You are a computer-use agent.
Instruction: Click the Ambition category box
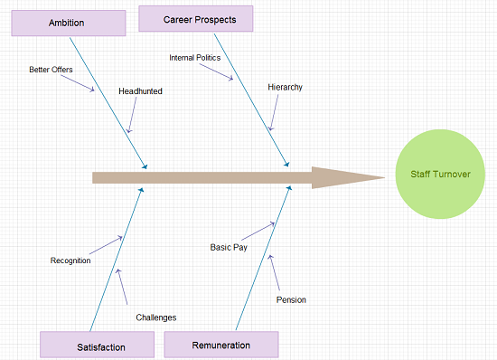[x=69, y=23]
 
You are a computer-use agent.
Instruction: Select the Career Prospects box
[x=196, y=18]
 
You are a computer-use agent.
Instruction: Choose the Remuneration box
[x=220, y=345]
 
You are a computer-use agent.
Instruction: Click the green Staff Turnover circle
[x=441, y=175]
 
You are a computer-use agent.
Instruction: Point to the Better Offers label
[x=51, y=69]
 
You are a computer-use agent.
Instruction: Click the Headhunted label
[x=140, y=90]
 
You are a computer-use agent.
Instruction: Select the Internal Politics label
[x=194, y=58]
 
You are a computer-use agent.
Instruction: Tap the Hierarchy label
[x=285, y=87]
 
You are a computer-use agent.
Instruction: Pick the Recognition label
[x=70, y=261]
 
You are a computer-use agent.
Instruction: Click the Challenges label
[x=155, y=317]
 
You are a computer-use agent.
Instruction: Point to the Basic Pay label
[x=229, y=247]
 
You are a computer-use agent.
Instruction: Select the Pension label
[x=291, y=299]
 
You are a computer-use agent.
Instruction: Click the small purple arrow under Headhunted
[x=132, y=117]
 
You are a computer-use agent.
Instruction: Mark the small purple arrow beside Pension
[x=275, y=270]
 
